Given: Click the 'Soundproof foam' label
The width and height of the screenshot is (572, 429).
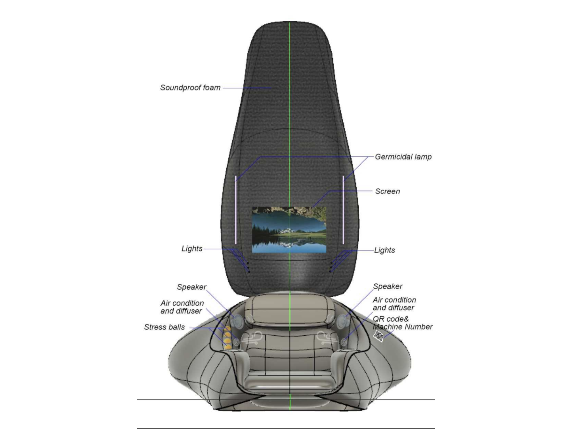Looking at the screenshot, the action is click(x=190, y=88).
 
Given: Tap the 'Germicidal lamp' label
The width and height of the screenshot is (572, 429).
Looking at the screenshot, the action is click(x=403, y=157).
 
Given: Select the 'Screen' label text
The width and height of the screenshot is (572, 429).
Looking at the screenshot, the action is click(x=387, y=191).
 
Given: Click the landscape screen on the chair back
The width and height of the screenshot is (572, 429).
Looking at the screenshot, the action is click(x=289, y=230).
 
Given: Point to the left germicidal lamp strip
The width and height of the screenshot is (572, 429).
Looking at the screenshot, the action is click(x=236, y=210).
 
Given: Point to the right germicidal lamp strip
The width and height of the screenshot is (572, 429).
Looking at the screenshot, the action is click(x=343, y=210).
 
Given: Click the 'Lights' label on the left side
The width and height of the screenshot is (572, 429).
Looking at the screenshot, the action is click(x=192, y=249).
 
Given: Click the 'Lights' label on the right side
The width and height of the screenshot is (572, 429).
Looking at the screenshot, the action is click(x=384, y=250).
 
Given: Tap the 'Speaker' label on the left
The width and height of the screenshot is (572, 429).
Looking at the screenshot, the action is click(x=192, y=287).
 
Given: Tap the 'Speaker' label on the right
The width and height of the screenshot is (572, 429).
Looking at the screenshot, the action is click(x=388, y=286).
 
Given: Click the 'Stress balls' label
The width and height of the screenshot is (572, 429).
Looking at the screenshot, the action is click(x=164, y=327).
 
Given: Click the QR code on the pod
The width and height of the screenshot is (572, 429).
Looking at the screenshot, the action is click(x=379, y=336).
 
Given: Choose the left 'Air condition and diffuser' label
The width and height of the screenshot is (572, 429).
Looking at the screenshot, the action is click(x=182, y=307).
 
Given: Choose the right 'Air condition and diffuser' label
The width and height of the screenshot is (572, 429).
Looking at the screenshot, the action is click(x=394, y=304).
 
